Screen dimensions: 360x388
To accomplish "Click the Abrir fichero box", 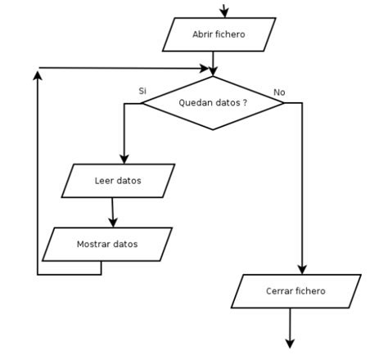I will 219,34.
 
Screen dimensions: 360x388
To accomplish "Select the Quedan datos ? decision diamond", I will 213,103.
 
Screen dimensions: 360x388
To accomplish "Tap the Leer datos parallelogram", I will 119,181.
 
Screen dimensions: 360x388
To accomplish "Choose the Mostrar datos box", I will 107,244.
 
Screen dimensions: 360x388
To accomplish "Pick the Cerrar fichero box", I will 296,291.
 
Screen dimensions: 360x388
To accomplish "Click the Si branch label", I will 142,91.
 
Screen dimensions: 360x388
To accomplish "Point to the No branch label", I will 279,92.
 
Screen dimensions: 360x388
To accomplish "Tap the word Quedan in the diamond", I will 194,103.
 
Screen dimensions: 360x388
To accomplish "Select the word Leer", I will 104,181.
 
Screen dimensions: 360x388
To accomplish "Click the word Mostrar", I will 94,244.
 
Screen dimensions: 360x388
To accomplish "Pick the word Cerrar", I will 281,291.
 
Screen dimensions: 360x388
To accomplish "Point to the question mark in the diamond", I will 245,103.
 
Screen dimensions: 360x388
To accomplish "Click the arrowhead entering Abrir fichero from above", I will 224,13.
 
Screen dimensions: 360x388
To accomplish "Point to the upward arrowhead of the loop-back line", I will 38,74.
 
